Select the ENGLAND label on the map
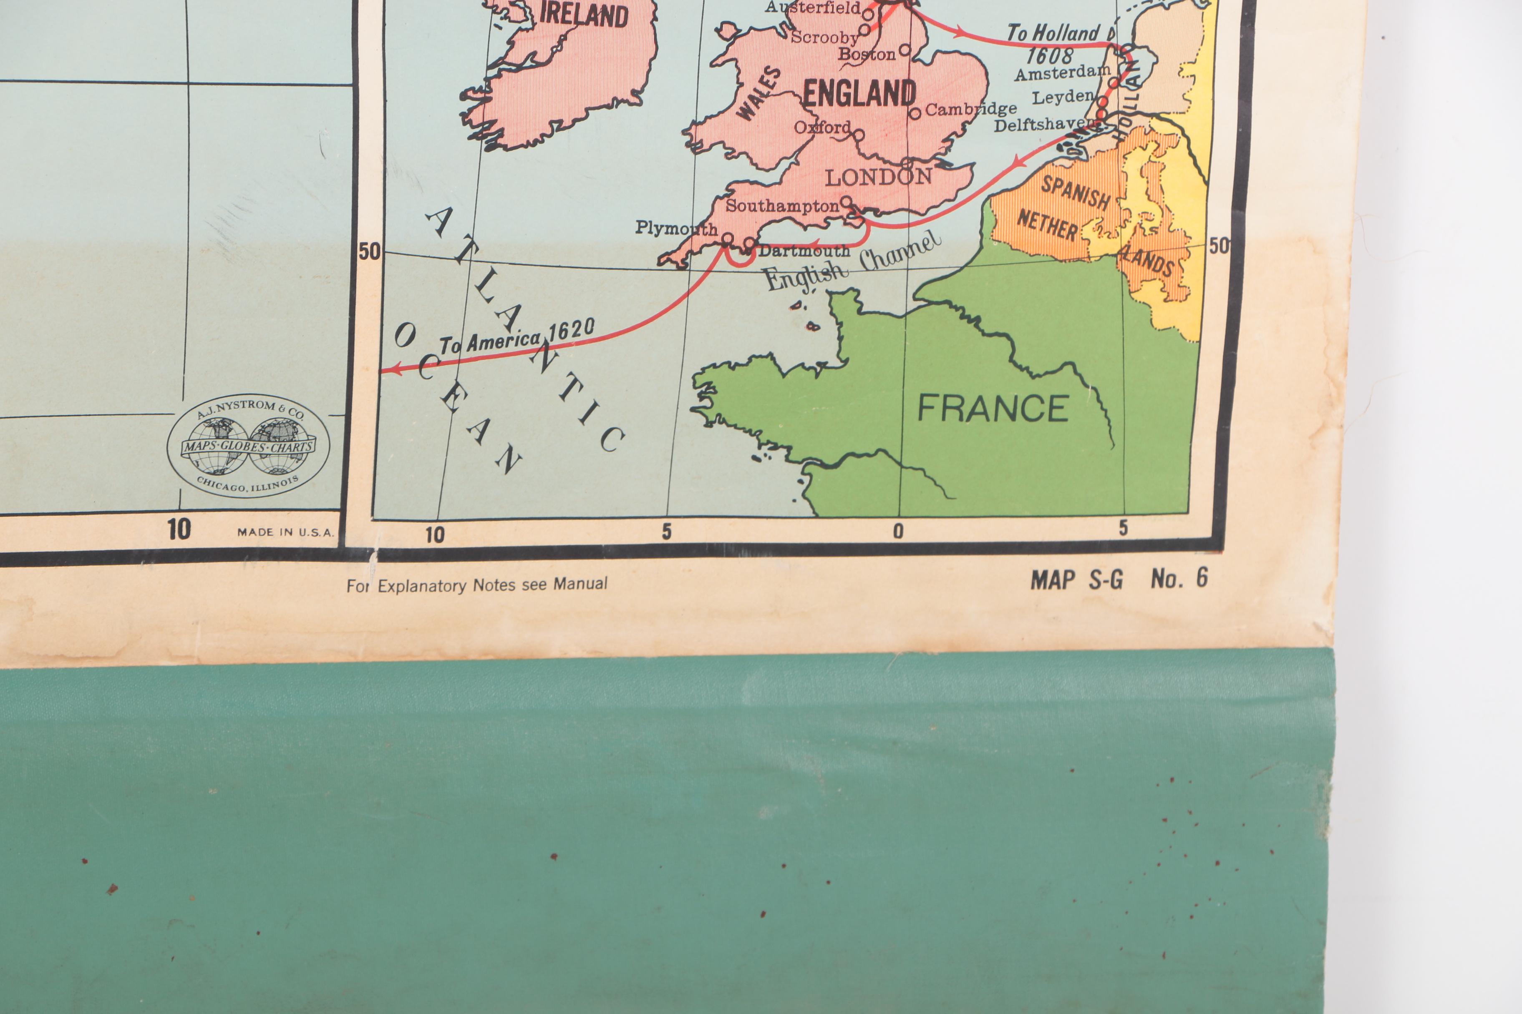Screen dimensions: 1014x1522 coord(859,94)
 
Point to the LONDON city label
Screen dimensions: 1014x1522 coord(878,176)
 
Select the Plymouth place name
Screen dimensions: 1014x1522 coord(675,228)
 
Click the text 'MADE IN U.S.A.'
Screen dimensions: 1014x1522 coord(285,532)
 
